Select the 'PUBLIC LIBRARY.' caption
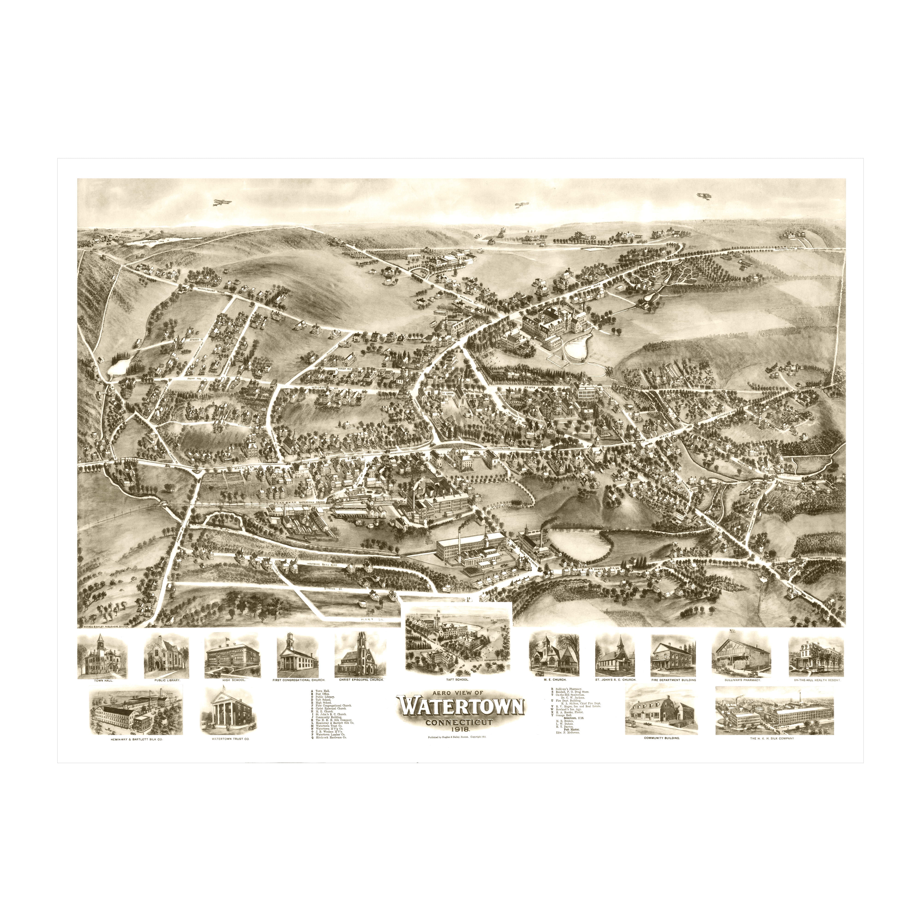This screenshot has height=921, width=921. [166, 681]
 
